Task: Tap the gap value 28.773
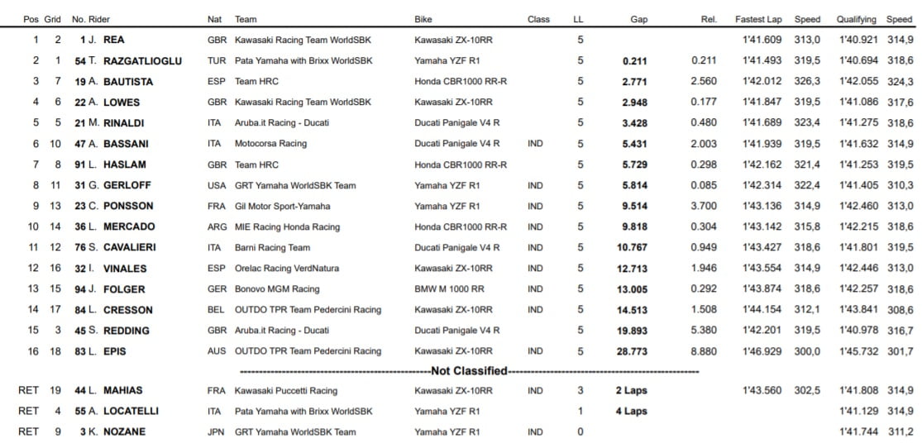coord(632,351)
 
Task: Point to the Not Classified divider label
coord(469,371)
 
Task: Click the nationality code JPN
coord(217,431)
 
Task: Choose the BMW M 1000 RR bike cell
coord(451,289)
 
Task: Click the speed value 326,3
coord(806,81)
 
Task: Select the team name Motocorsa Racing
coord(270,143)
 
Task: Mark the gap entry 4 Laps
coord(631,411)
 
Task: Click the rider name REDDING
coord(127,331)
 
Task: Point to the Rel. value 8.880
coord(705,351)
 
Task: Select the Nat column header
coord(214,19)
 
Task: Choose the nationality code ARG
coord(217,226)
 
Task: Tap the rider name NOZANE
coord(126,431)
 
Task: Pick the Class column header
coord(538,19)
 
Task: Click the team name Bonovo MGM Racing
coord(276,289)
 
